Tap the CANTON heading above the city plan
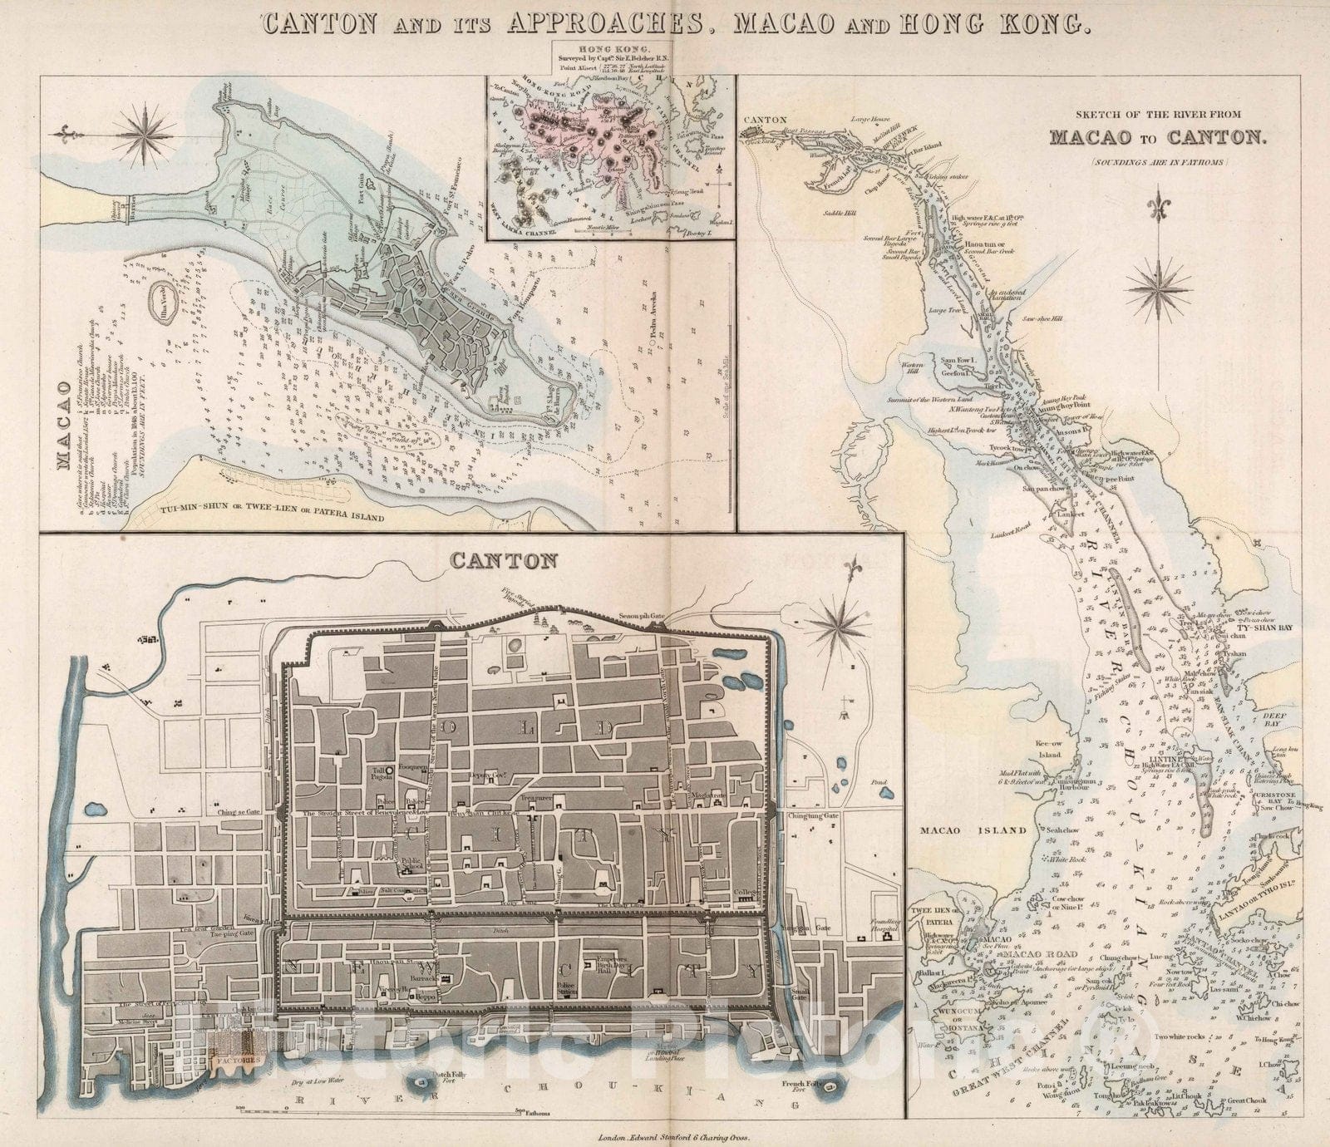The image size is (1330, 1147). click(503, 560)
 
